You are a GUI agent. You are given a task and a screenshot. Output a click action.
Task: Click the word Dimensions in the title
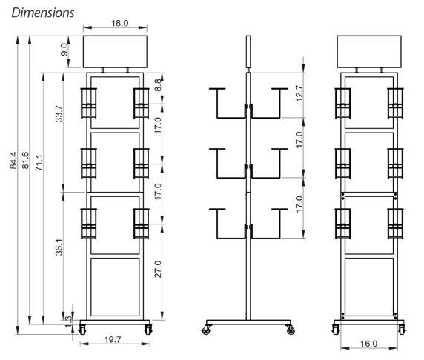tap(43, 13)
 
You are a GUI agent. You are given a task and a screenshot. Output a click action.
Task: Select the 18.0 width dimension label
tap(119, 23)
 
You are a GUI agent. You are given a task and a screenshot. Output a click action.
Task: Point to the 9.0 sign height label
tap(64, 49)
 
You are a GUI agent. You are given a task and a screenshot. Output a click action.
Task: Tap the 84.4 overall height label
tap(13, 160)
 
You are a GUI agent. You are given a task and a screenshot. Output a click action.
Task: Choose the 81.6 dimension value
tap(25, 160)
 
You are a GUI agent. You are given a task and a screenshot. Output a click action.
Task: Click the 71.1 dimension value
tap(39, 162)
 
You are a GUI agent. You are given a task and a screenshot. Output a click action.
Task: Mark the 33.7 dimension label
tap(59, 114)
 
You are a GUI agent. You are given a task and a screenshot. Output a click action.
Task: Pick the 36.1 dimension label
tap(59, 247)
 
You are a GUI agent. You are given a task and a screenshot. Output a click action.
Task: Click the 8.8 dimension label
tap(158, 85)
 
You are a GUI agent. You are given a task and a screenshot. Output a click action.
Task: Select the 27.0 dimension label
tap(158, 269)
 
